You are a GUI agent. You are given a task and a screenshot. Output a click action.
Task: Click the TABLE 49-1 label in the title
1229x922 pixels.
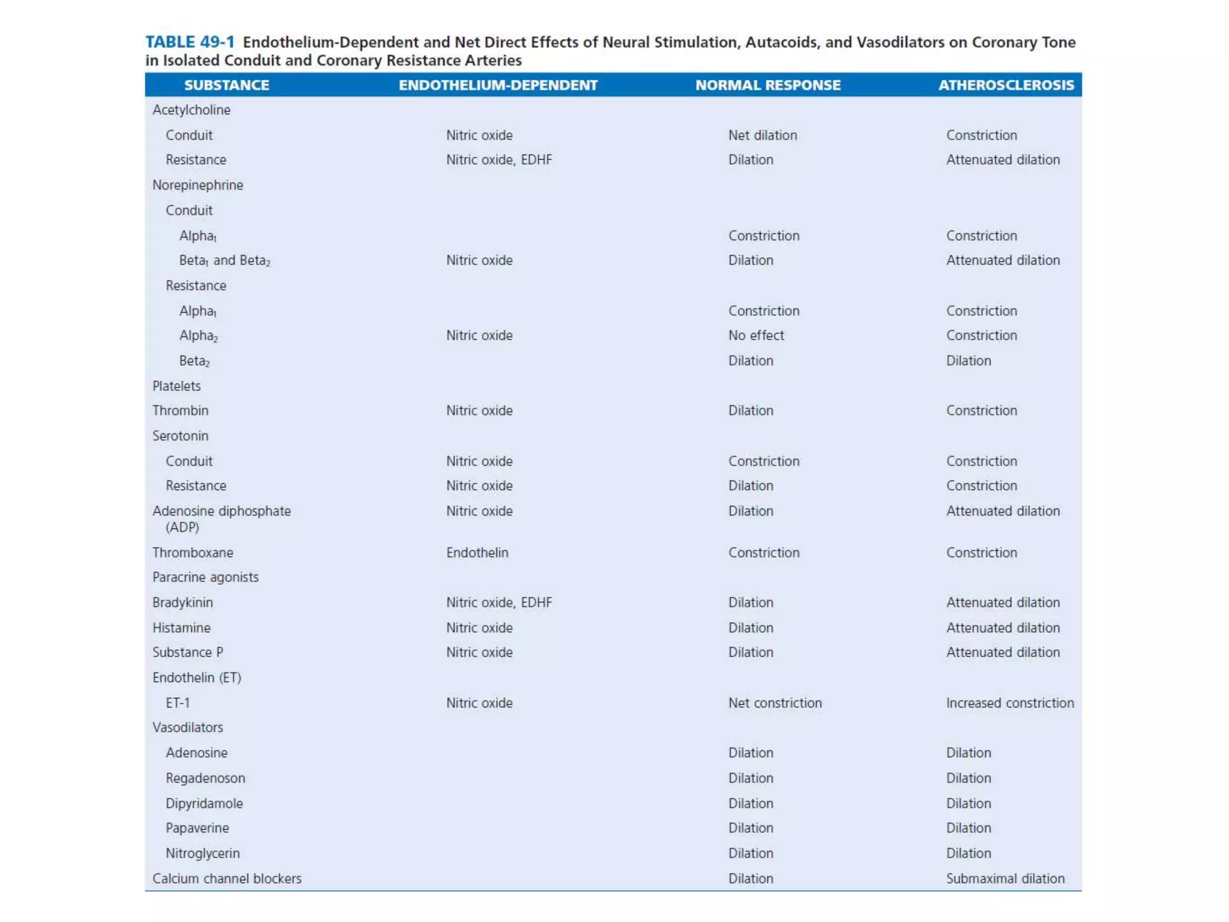point(190,42)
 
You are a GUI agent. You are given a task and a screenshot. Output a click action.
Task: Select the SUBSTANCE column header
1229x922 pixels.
point(226,85)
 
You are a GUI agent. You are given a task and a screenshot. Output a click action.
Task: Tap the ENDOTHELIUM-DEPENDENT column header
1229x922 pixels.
point(498,85)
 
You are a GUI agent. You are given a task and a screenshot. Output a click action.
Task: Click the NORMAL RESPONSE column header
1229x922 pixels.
point(768,85)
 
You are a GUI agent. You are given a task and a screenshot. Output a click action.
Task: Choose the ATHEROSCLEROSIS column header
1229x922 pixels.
point(1006,85)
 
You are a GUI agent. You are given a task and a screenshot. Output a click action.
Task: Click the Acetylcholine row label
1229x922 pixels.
point(191,110)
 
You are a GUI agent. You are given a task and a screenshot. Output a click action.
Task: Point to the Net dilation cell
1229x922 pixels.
point(762,135)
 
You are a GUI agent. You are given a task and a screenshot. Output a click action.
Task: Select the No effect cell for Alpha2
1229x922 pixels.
point(756,336)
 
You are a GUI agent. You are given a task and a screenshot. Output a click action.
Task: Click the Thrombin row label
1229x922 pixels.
point(180,411)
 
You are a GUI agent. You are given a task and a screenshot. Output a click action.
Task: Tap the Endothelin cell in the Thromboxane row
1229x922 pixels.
point(477,552)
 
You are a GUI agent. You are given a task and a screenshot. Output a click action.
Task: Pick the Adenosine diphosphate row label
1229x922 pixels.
point(221,511)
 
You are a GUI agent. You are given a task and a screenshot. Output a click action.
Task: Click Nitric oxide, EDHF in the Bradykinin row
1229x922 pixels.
point(499,602)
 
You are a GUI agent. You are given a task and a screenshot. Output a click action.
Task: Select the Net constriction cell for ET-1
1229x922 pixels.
point(775,703)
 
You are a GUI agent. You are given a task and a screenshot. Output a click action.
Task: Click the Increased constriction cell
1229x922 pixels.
point(1010,703)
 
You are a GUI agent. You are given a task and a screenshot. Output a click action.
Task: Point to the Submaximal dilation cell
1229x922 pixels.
point(1005,878)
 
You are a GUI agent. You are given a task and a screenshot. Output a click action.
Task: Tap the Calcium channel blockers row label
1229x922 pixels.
point(227,878)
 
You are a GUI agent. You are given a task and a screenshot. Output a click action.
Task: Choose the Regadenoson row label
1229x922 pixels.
point(205,778)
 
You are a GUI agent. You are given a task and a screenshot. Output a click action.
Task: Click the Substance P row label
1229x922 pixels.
point(187,652)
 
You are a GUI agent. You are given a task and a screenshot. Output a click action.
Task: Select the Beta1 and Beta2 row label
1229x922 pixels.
point(224,261)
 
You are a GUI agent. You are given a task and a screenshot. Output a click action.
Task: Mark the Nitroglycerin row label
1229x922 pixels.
point(202,853)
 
